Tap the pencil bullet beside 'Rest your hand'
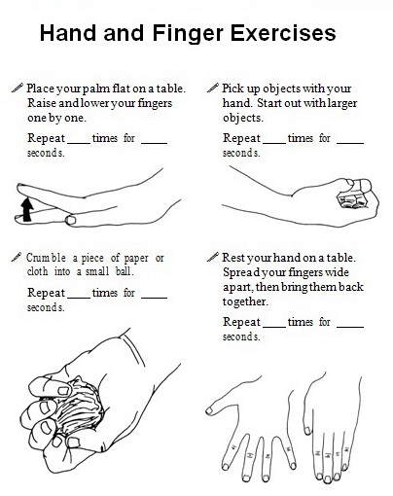214,257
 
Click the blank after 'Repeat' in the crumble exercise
80,293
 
